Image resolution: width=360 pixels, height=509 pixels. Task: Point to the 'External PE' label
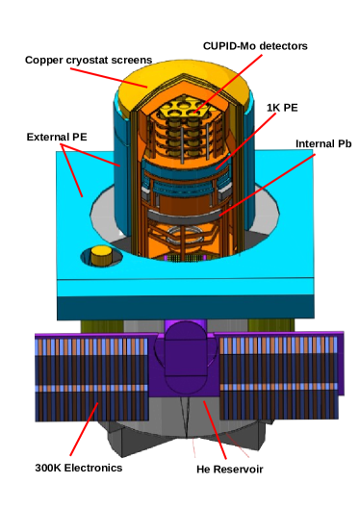pos(57,137)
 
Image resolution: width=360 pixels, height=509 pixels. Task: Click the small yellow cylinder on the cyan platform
pos(99,256)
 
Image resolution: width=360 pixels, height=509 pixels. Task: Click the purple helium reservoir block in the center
pos(182,360)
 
